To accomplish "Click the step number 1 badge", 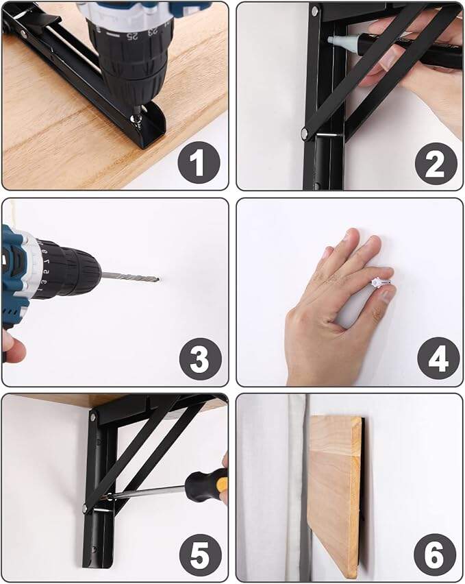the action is pyautogui.click(x=199, y=162).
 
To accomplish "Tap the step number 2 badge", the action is pyautogui.click(x=436, y=164).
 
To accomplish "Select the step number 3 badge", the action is pyautogui.click(x=201, y=359).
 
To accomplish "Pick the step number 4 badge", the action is pyautogui.click(x=438, y=358).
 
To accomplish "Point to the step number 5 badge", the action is pyautogui.click(x=201, y=556).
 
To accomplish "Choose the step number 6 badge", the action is pyautogui.click(x=435, y=555).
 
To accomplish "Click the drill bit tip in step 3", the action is pyautogui.click(x=158, y=279).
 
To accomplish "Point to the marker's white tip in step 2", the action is pyautogui.click(x=337, y=40).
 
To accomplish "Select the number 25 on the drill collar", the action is pyautogui.click(x=131, y=36).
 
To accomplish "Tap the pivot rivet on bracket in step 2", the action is pyautogui.click(x=305, y=132).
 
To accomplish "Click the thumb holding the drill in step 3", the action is pyautogui.click(x=12, y=347).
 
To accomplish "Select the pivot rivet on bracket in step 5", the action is pyautogui.click(x=85, y=508).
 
